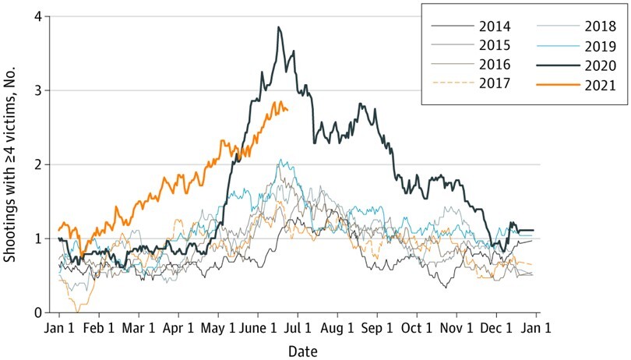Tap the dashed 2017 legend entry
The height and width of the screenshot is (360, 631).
484,83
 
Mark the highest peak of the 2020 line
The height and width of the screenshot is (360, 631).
278,27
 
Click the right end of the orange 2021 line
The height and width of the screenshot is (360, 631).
287,110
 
